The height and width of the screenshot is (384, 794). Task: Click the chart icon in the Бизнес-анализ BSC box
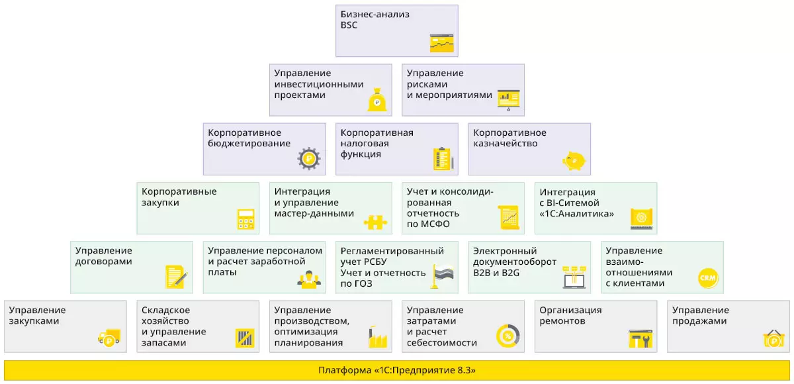pos(442,43)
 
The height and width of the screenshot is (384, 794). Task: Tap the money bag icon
pos(377,100)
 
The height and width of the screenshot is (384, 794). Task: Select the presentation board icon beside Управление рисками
pos(509,100)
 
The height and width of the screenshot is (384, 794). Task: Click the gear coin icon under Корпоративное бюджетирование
pos(309,158)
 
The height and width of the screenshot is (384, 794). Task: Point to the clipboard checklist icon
pos(443,159)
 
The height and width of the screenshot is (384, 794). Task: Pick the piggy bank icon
pos(574,161)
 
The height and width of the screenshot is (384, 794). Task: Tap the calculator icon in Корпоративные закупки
pos(246,219)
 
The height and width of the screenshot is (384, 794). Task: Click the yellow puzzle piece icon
pos(375,222)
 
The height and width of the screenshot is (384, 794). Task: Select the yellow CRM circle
pos(708,278)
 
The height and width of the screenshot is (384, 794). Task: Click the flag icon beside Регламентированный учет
pos(443,276)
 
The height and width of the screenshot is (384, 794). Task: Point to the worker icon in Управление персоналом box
pos(309,280)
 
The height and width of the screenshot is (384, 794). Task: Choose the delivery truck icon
pos(109,338)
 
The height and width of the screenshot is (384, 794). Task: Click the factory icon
pos(378,336)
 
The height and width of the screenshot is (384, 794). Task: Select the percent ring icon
pos(508,336)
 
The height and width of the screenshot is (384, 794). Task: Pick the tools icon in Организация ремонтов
pos(640,338)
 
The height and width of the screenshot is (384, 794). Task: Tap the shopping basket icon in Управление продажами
pos(773,338)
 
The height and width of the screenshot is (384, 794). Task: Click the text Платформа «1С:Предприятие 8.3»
pos(396,370)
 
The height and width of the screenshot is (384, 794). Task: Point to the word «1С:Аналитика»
pos(577,214)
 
